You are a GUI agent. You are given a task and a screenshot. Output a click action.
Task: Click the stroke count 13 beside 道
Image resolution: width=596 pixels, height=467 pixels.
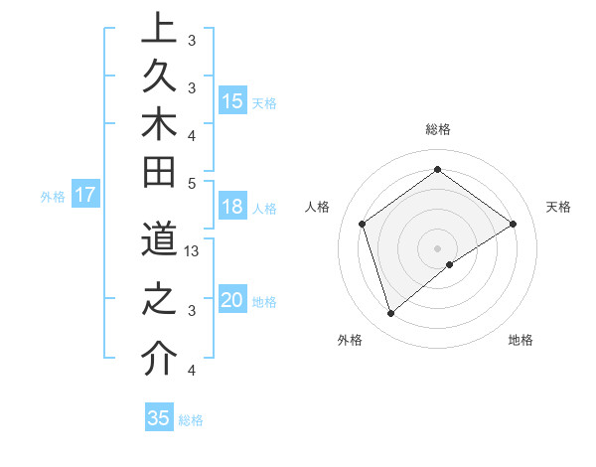coord(193,251)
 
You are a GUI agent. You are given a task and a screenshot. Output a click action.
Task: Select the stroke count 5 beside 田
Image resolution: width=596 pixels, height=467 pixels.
coord(192,183)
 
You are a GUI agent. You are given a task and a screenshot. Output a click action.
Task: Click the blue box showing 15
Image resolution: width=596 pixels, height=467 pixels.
coord(232,100)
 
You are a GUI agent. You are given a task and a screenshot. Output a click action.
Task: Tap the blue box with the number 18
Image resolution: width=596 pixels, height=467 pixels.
coord(232,207)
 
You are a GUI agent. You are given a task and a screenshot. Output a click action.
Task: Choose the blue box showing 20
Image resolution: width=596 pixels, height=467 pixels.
coord(232,300)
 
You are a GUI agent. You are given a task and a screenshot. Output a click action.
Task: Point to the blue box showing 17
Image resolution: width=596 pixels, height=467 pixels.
coord(84,195)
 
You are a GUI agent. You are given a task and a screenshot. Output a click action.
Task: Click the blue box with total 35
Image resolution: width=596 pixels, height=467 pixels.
coord(158,418)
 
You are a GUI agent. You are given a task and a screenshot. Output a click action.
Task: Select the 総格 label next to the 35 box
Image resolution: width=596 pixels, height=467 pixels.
coord(192,420)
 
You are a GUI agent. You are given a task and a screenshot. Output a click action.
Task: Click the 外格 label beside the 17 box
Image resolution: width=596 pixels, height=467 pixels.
coord(53,197)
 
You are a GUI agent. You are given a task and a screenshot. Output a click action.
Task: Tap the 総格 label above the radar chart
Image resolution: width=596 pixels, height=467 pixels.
coord(437,129)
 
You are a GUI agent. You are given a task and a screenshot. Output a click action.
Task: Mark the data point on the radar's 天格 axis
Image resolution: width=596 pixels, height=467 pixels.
coord(514,224)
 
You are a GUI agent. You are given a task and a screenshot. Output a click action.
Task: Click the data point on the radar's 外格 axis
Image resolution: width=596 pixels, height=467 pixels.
coord(390,314)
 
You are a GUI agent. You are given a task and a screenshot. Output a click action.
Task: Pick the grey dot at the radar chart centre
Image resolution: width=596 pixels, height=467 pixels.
coord(437,247)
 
